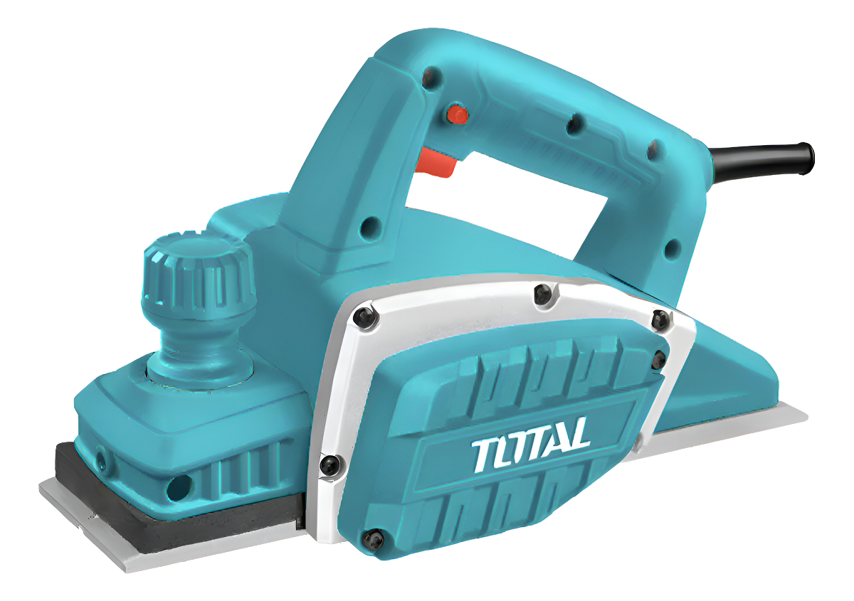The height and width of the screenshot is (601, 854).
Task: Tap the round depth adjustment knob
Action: [x=198, y=274]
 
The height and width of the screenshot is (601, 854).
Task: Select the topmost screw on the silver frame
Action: [x=543, y=294]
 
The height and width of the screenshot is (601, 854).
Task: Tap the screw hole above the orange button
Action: [x=431, y=78]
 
